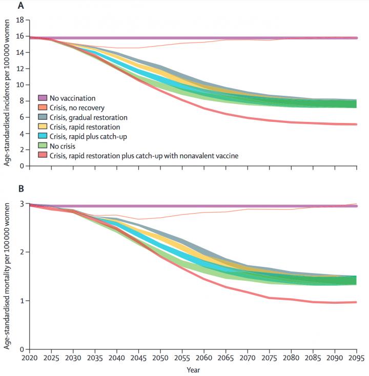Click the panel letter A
click(20, 6)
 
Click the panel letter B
click(20, 189)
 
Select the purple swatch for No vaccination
click(43, 97)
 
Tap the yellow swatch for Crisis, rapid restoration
click(43, 127)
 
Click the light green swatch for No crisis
click(43, 145)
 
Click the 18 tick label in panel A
click(20, 20)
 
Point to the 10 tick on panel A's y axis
click(20, 85)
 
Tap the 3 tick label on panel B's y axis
click(23, 204)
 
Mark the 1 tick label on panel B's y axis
click(23, 301)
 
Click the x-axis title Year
click(193, 369)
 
